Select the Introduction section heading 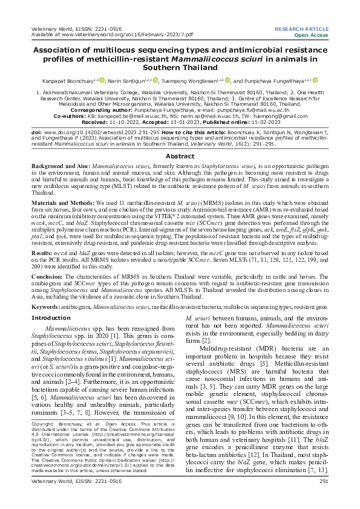click(x=51, y=317)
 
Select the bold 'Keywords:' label click(x=48, y=307)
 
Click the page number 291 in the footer click(x=323, y=498)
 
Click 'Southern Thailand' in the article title click(x=180, y=68)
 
